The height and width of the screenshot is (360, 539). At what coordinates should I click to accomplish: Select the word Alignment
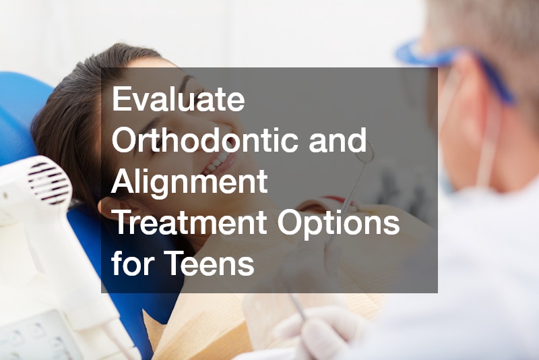pyautogui.click(x=189, y=182)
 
